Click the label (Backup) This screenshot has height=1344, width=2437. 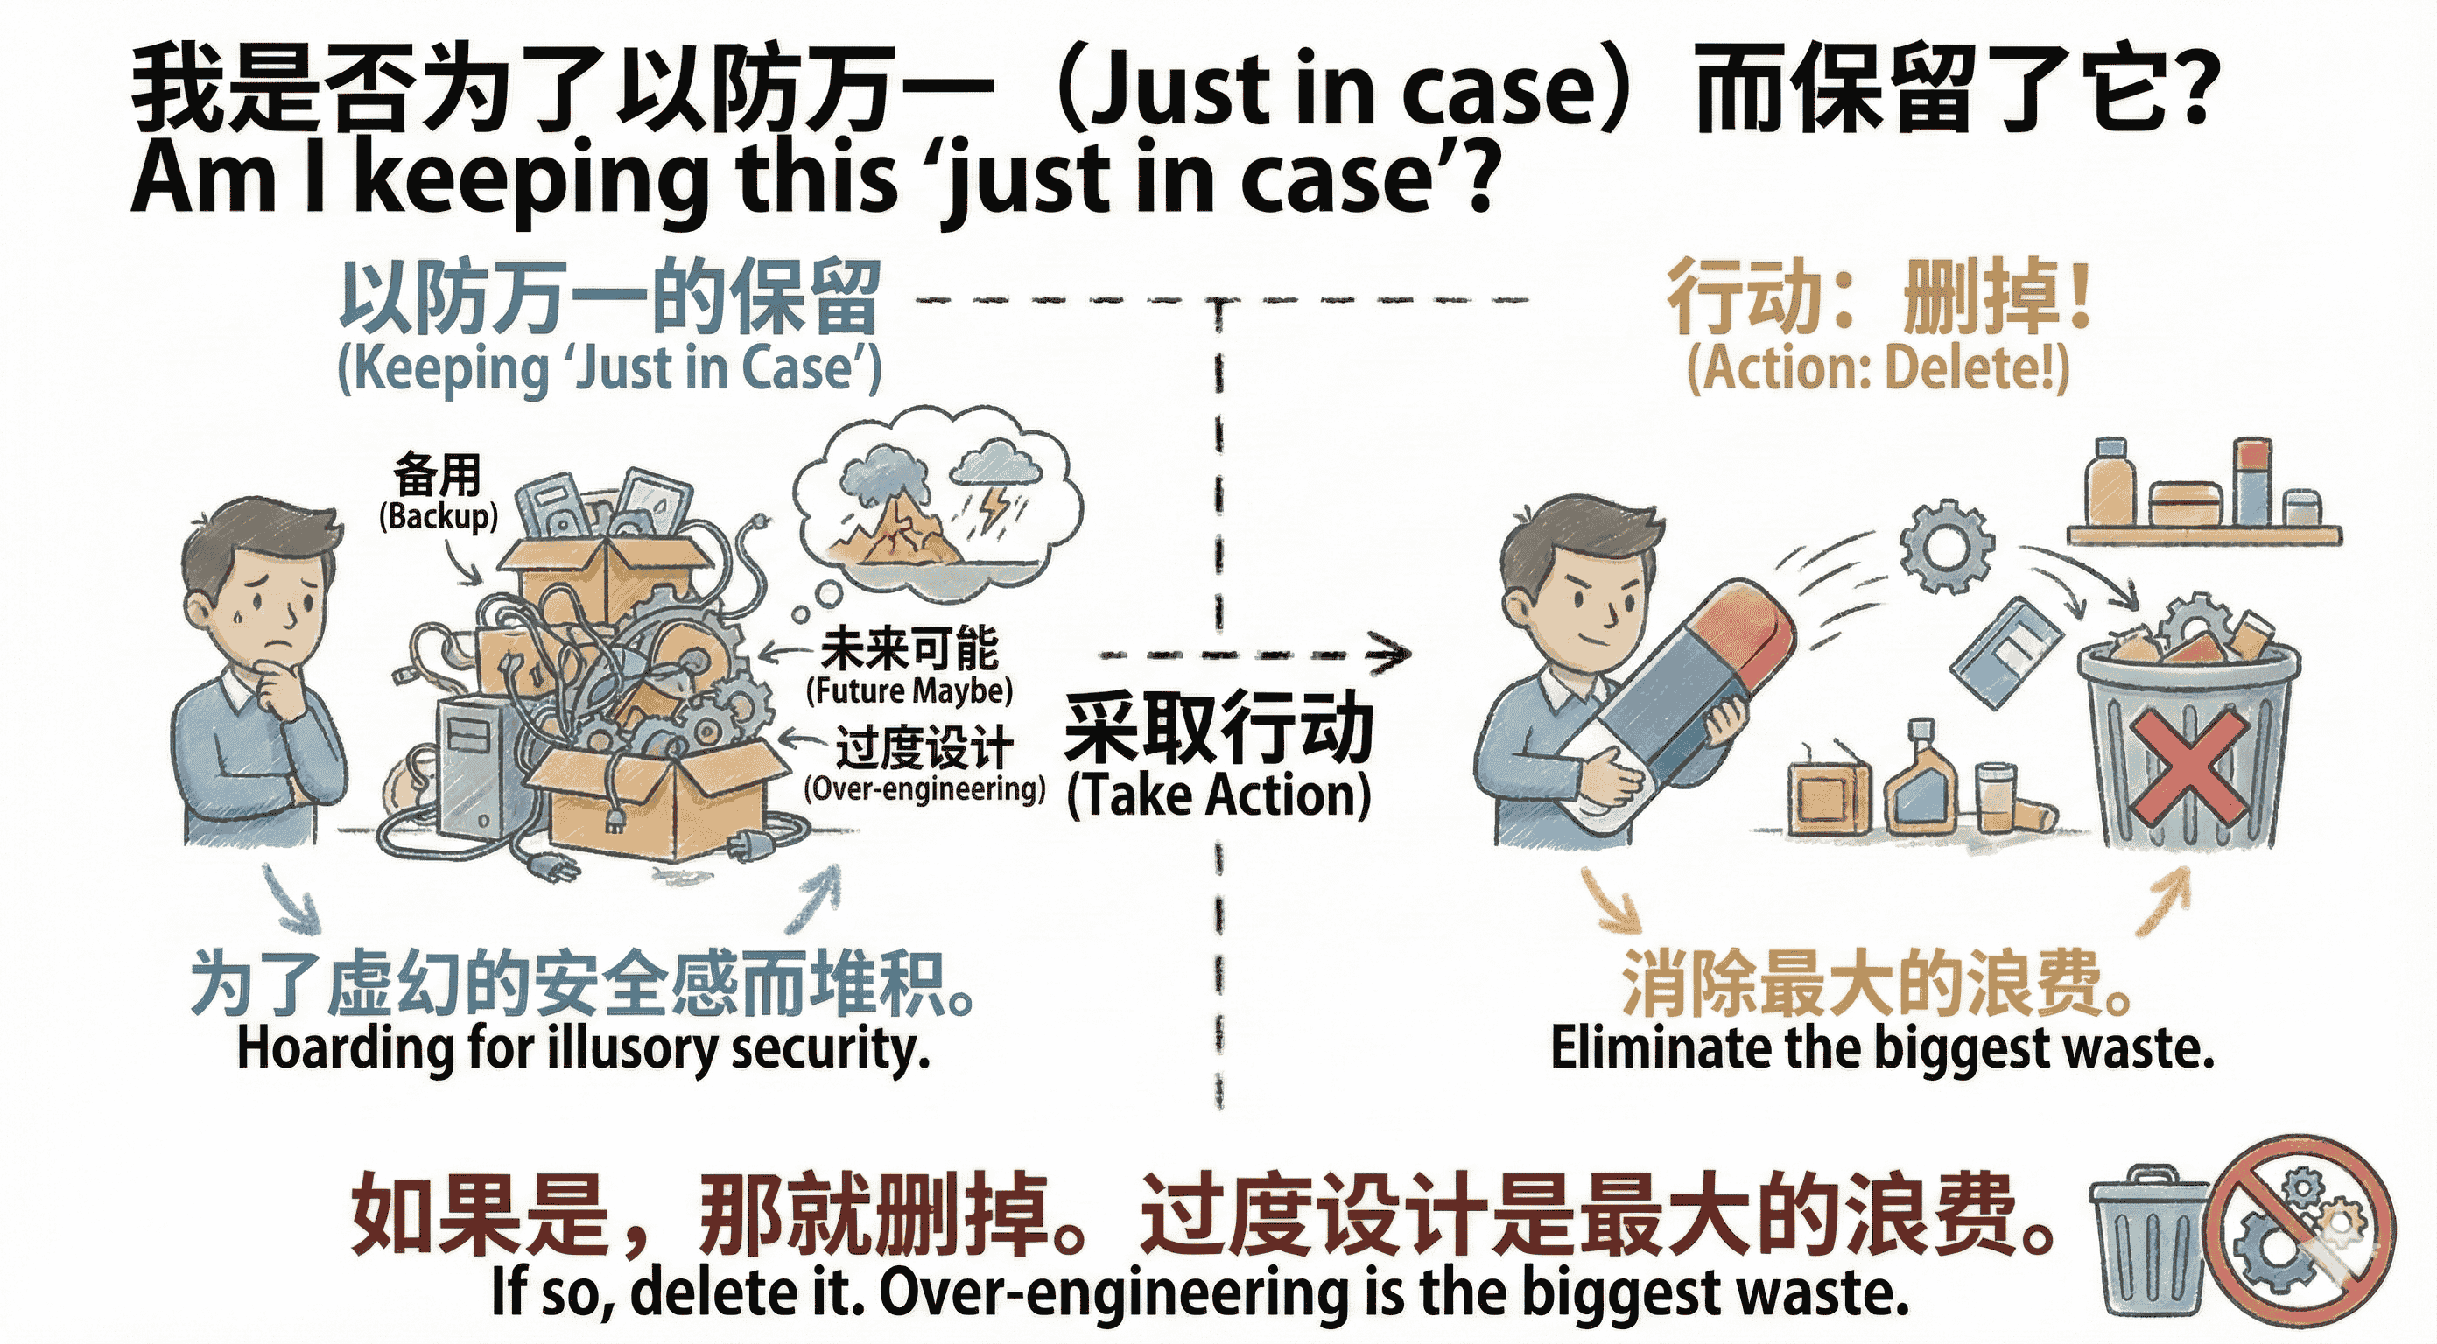pyautogui.click(x=438, y=516)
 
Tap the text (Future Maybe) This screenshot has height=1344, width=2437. pyautogui.click(x=909, y=690)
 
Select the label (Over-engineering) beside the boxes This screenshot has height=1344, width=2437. pyautogui.click(x=924, y=787)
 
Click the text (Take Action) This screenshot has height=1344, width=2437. pyautogui.click(x=1218, y=794)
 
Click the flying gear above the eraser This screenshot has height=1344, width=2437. pyautogui.click(x=1946, y=546)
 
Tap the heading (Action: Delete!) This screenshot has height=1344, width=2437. pyautogui.click(x=1878, y=369)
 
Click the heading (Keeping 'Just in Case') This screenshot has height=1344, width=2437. pyautogui.click(x=609, y=369)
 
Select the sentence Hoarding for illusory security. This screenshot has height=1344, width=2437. pyautogui.click(x=584, y=1048)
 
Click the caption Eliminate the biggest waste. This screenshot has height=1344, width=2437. pyautogui.click(x=1883, y=1048)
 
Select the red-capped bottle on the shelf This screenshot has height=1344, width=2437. pyautogui.click(x=2253, y=482)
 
